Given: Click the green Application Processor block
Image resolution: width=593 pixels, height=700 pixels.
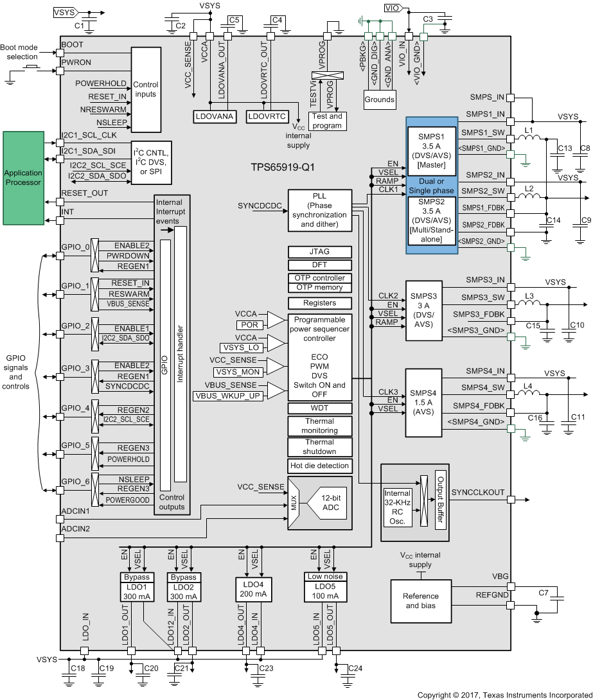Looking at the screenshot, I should click(x=23, y=178).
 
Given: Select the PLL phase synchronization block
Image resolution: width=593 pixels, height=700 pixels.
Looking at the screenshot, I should click(x=320, y=210).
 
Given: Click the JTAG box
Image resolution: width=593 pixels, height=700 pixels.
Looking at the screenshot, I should click(x=320, y=252).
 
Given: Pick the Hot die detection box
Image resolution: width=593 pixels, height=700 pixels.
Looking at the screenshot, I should click(x=320, y=466).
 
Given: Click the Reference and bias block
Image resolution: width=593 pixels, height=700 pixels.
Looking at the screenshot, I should click(x=421, y=600).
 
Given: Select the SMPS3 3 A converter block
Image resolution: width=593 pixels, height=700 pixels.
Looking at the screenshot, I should click(x=424, y=310).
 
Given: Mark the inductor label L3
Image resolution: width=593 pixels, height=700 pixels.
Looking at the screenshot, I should click(x=529, y=295).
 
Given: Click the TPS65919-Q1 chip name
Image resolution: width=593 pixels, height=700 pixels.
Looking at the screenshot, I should click(x=283, y=166).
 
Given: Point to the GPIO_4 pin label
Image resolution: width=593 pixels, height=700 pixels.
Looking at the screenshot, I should click(x=75, y=408).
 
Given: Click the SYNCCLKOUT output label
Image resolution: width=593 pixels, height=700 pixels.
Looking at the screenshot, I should click(x=478, y=492).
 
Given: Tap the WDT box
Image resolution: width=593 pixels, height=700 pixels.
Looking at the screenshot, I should click(x=320, y=408).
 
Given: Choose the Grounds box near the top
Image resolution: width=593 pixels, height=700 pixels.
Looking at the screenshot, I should click(x=380, y=100).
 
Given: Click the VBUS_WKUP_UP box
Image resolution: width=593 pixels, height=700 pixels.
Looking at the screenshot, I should click(x=227, y=396).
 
